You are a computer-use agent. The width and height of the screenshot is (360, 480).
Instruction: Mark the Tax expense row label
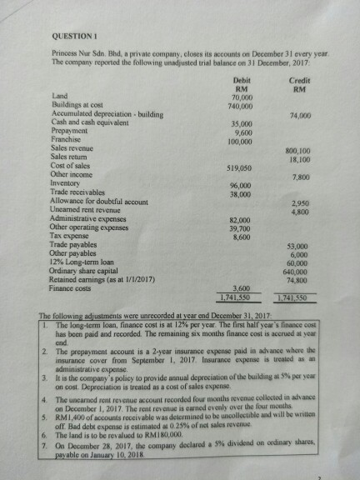(71, 235)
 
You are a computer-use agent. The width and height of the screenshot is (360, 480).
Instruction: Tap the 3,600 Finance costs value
(242, 288)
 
